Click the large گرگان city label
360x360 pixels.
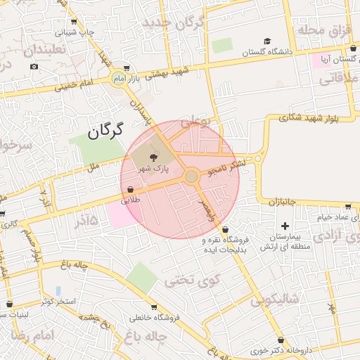tap(106, 130)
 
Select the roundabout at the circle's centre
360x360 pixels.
tap(191, 176)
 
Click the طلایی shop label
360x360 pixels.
tap(131, 200)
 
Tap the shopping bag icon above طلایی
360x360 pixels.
tap(131, 189)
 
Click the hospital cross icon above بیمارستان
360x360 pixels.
tap(284, 226)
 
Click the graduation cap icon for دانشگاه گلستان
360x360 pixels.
tap(267, 41)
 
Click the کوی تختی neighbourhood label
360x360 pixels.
tap(193, 280)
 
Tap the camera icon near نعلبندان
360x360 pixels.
tap(34, 67)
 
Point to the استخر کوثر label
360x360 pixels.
tap(58, 301)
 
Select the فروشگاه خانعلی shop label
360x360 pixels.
tap(154, 317)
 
